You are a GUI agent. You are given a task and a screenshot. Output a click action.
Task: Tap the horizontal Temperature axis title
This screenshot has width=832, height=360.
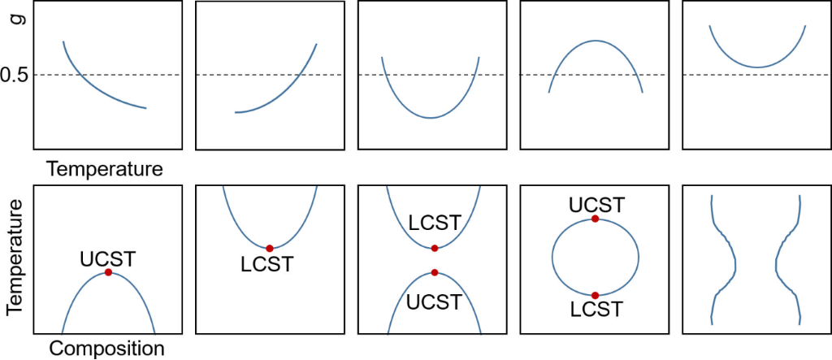coord(106,169)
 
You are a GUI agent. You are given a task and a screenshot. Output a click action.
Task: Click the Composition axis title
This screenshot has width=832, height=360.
coord(107,349)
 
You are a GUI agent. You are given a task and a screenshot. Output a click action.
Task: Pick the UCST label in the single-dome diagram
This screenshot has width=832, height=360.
coord(107,259)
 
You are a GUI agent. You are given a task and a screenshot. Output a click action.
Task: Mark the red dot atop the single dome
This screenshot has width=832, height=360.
coord(108,273)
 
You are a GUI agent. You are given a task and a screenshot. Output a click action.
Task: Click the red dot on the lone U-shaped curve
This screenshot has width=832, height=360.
coord(269,248)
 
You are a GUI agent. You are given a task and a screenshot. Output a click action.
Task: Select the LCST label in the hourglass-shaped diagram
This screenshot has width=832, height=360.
coord(435,222)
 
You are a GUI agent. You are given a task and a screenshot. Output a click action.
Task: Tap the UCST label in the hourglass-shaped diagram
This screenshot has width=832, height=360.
coord(434,301)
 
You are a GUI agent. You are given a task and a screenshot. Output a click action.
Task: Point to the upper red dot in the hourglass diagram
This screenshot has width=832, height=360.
coord(435,248)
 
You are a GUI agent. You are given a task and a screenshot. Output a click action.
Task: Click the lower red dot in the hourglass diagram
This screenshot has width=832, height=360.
coord(435,272)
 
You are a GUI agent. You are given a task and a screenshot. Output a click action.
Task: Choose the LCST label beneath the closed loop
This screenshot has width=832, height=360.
coord(596,309)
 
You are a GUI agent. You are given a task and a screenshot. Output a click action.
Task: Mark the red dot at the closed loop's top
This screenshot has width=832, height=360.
coord(596,219)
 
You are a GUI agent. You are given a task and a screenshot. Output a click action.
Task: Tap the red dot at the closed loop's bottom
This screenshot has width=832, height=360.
coord(596,295)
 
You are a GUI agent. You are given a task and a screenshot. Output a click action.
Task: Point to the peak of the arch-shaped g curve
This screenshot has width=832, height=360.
coord(596,41)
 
